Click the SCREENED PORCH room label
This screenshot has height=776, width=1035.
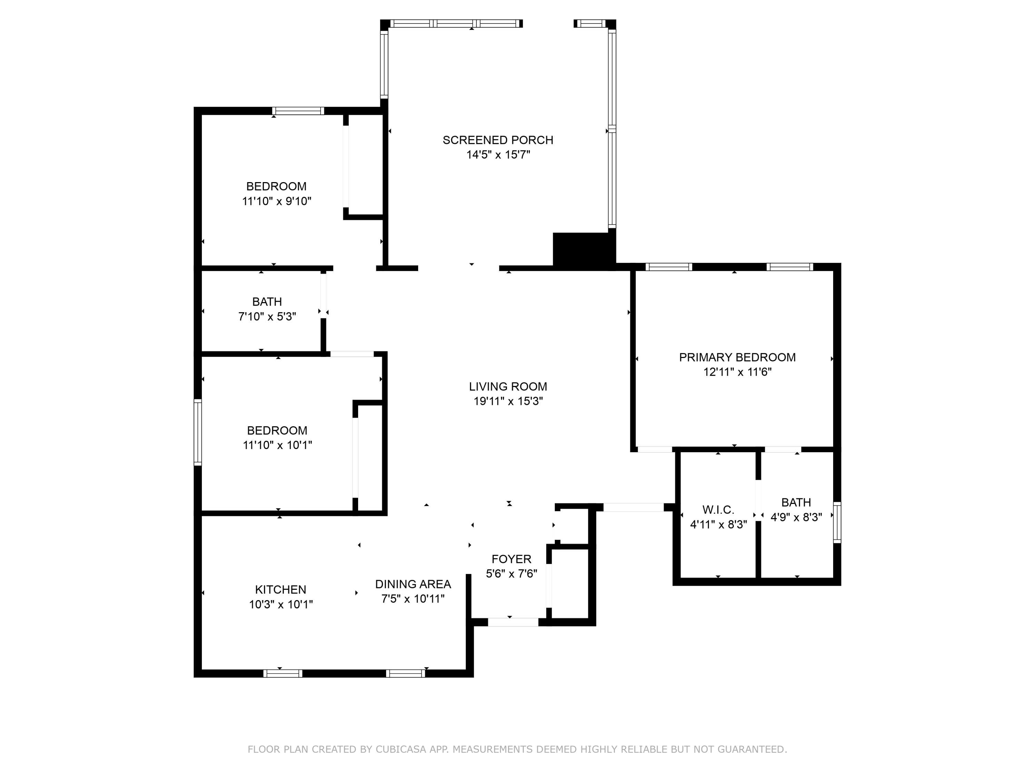(498, 140)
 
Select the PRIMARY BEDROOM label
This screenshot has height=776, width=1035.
(737, 357)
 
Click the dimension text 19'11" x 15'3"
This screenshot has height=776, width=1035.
(508, 401)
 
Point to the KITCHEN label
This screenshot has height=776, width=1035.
(281, 589)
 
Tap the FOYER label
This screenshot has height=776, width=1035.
(511, 559)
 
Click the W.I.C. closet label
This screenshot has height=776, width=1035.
(718, 510)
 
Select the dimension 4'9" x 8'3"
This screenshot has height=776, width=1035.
(796, 517)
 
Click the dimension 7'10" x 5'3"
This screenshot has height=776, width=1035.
(267, 316)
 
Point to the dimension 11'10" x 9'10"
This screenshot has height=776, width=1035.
(277, 201)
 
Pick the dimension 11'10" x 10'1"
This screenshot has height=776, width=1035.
(277, 445)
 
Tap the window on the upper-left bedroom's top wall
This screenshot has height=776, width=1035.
(298, 111)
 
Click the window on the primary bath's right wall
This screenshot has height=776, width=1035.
(837, 522)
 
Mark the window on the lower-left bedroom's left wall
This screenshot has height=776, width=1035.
(198, 432)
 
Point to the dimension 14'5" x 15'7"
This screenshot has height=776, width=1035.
(498, 155)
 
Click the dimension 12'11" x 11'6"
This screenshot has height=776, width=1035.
(737, 372)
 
